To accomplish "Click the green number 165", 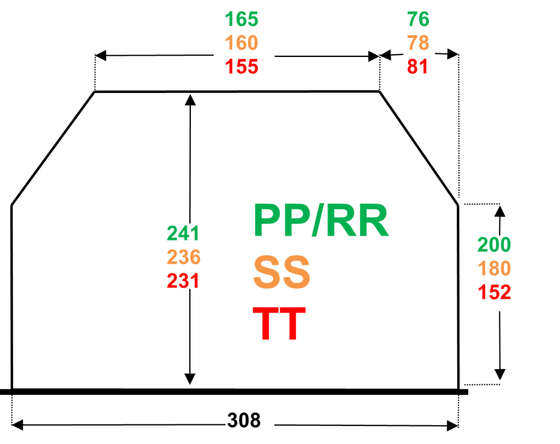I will (x=242, y=20).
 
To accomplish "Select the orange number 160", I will (x=242, y=43).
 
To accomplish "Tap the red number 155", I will (x=242, y=67).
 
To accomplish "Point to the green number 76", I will (x=418, y=20).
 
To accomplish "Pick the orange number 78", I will (x=418, y=43).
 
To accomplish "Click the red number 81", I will (x=417, y=67).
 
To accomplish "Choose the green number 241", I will (x=183, y=233).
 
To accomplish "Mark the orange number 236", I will (x=184, y=257).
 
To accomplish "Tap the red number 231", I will (x=183, y=281).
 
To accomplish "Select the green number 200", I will (x=494, y=245).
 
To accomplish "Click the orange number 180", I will (x=494, y=269).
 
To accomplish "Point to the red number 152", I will (x=494, y=293).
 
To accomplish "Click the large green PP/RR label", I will (x=320, y=221).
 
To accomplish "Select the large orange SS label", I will (x=282, y=272).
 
